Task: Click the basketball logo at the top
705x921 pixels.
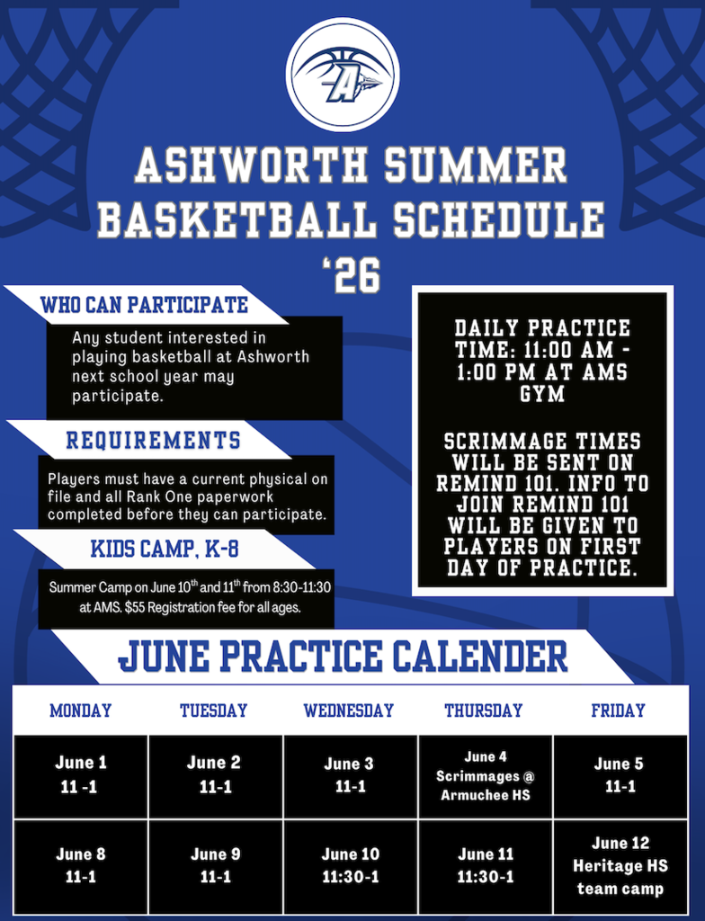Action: click(343, 74)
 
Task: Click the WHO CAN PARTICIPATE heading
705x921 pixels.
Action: click(144, 305)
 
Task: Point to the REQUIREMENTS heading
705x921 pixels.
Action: click(153, 441)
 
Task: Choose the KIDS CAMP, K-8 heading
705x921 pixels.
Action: click(164, 549)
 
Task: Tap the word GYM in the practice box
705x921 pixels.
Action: click(542, 394)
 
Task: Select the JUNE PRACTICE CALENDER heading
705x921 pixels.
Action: click(343, 657)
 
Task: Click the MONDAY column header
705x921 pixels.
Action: click(81, 711)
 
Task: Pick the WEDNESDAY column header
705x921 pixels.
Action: click(349, 711)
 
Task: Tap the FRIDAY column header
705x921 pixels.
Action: click(618, 711)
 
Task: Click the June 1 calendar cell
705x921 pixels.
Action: click(81, 774)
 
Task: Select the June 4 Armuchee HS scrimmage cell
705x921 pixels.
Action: click(485, 775)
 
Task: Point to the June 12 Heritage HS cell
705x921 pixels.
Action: click(620, 866)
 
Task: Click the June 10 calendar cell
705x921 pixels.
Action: click(351, 865)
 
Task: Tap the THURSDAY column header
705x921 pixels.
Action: click(483, 711)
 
